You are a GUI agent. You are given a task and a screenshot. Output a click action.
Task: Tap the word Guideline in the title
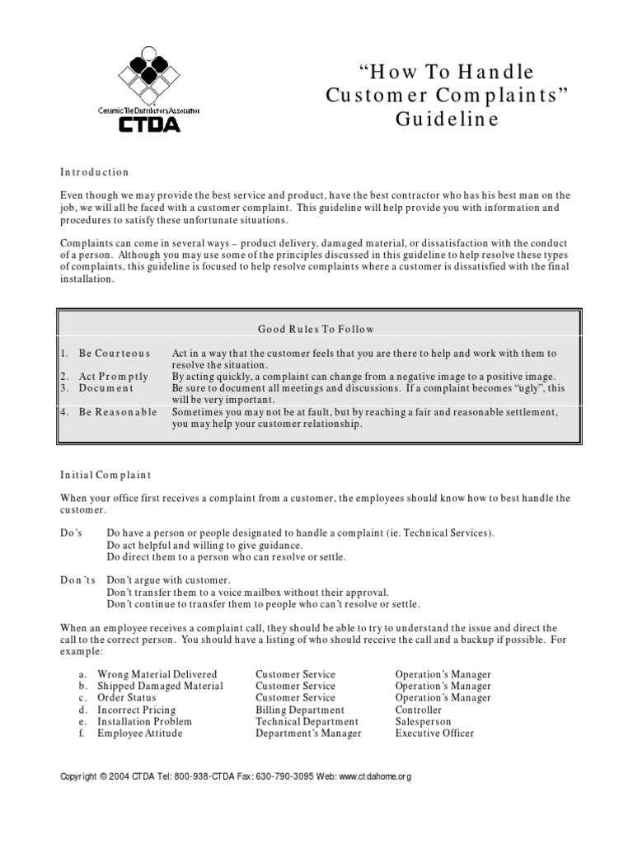click(446, 119)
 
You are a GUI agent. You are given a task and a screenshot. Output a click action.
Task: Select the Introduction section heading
click(95, 172)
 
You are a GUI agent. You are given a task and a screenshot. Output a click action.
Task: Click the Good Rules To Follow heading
click(316, 329)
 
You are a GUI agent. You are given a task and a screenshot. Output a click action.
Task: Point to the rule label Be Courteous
click(115, 353)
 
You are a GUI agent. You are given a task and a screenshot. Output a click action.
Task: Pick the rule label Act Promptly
click(114, 376)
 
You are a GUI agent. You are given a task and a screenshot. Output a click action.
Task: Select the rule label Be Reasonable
click(118, 411)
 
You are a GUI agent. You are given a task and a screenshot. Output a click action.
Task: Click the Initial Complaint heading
click(105, 475)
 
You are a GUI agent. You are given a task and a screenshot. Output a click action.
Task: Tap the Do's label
click(71, 533)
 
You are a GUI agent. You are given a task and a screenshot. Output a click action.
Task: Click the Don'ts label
click(78, 580)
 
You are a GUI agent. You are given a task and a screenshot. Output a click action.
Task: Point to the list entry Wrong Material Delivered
click(157, 674)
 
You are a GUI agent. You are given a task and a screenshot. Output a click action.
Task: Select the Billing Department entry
click(300, 710)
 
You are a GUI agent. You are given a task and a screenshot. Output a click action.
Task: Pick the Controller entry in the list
click(419, 710)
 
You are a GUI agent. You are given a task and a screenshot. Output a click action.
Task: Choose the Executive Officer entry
click(434, 733)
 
